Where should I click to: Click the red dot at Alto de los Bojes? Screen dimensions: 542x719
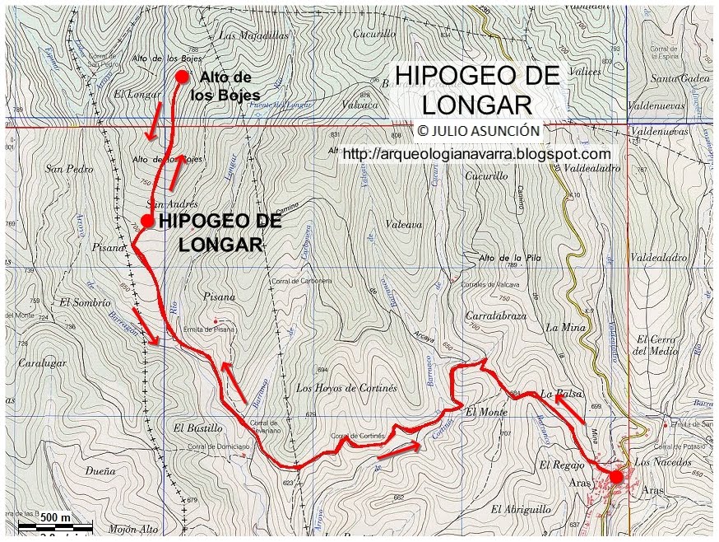183,77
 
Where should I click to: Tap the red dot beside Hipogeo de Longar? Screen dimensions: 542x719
146,221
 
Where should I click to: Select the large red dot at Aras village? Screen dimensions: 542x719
616,476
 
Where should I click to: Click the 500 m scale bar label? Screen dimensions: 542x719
55,517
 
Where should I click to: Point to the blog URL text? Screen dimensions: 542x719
476,154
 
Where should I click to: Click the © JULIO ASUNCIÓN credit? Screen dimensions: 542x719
478,130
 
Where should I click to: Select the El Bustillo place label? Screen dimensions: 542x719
198,428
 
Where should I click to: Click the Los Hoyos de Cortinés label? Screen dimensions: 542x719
346,388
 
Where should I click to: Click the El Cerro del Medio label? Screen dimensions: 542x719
655,345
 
